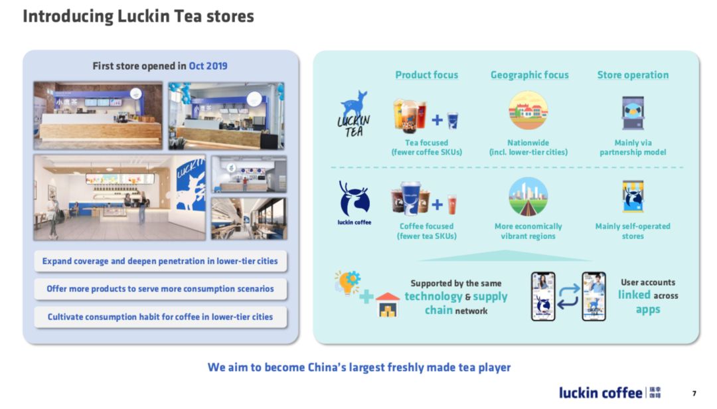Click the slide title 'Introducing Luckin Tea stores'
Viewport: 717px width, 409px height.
tap(138, 17)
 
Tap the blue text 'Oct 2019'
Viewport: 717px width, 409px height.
tap(208, 66)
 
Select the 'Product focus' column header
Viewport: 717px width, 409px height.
tap(427, 75)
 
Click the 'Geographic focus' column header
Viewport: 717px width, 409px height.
tap(530, 75)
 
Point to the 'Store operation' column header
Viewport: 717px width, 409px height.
tap(633, 75)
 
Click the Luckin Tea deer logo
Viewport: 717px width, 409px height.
tap(354, 114)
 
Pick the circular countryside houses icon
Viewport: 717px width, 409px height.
tap(528, 110)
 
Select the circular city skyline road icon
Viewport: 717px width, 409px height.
tap(528, 197)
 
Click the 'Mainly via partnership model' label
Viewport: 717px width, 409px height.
tap(633, 147)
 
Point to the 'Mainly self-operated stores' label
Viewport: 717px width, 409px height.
tap(633, 231)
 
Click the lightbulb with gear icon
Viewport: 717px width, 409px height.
tap(347, 282)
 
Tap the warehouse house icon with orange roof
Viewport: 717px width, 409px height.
tap(387, 305)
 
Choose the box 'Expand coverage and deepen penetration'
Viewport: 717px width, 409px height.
tap(160, 261)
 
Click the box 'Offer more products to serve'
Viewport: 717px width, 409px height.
tap(160, 289)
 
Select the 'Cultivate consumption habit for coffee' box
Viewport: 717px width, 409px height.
tap(160, 317)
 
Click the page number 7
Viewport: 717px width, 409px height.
tap(694, 394)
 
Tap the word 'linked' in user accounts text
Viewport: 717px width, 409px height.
tap(634, 295)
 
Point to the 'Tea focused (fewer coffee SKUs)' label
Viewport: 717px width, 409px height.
tap(427, 147)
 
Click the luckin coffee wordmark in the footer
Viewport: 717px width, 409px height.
tap(600, 392)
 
